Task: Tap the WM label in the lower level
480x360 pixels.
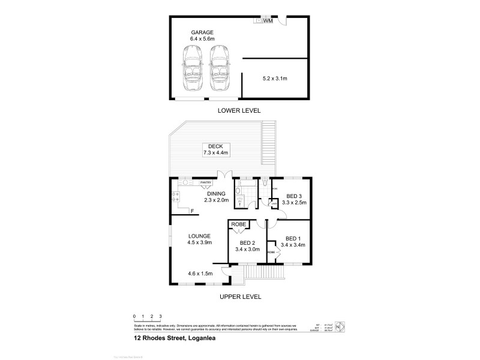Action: pyautogui.click(x=268, y=21)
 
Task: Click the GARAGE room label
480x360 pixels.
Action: pyautogui.click(x=202, y=32)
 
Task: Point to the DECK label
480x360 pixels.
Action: pyautogui.click(x=214, y=146)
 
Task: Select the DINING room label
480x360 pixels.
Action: pyautogui.click(x=216, y=194)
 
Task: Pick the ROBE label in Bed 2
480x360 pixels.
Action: pyautogui.click(x=238, y=225)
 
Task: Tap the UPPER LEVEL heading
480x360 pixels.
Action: pyautogui.click(x=240, y=296)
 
